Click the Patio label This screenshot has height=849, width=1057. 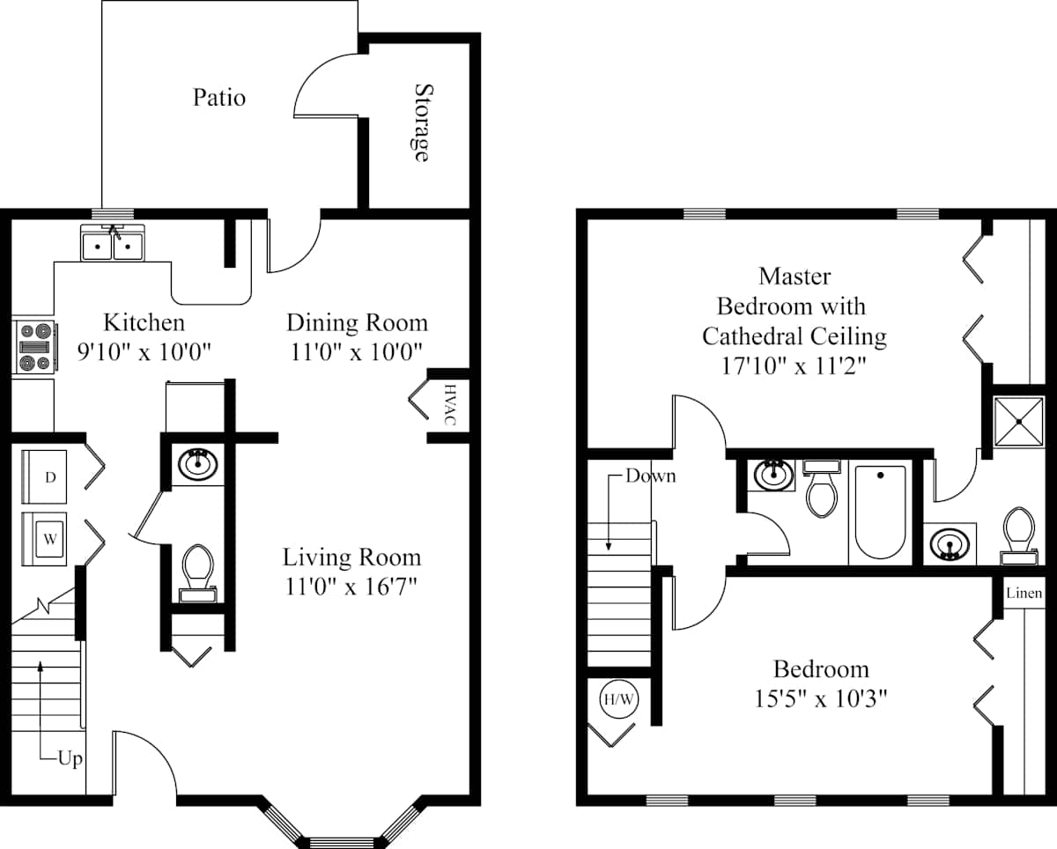coord(219,97)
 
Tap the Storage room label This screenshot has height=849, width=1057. coord(422,122)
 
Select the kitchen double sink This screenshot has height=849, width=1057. coord(113,242)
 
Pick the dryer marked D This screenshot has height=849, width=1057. coord(44,476)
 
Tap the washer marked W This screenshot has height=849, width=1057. coord(44,539)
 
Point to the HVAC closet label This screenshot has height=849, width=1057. coord(450,404)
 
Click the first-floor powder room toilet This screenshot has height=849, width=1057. coord(197,572)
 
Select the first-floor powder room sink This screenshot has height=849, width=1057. coord(198,464)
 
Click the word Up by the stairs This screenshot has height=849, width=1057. coord(70,759)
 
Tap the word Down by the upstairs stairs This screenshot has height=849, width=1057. coord(651,476)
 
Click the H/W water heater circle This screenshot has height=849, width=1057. coord(619,699)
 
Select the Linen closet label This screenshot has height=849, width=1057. coord(1024,593)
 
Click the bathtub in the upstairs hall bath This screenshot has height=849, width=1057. coord(880,513)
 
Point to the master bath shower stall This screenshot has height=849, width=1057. coord(1019,421)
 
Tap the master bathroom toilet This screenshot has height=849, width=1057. coord(1019,535)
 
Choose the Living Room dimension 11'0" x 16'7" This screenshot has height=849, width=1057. coord(351,587)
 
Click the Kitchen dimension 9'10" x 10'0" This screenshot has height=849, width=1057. coord(144,352)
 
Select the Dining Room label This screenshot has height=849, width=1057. coord(357,322)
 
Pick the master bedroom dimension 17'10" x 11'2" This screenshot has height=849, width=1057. coord(794,365)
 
